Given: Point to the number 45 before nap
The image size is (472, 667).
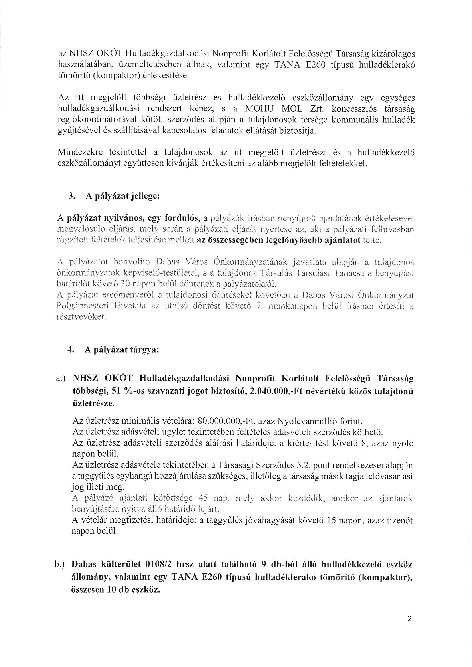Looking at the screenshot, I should [203, 498].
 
